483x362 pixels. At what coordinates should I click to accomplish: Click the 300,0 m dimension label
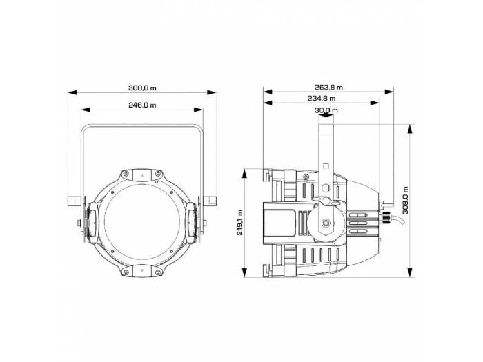(142, 88)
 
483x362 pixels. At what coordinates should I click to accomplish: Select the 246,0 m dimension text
(142, 105)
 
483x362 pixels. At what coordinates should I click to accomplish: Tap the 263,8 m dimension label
(328, 88)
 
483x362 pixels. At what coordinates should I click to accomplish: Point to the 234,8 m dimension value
(322, 99)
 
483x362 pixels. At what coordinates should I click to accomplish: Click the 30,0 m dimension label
(326, 110)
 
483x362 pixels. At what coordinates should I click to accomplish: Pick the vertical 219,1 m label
(240, 223)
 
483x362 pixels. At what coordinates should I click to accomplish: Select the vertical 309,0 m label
(405, 200)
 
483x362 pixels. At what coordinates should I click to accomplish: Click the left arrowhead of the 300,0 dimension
(72, 92)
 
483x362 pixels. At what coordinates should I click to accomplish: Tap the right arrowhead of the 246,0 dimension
(199, 110)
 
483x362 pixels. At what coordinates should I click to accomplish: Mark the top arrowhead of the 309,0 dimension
(410, 129)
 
